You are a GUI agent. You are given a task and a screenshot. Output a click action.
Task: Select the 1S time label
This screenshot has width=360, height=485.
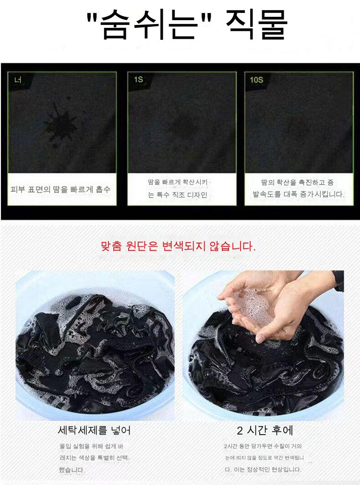click(138, 80)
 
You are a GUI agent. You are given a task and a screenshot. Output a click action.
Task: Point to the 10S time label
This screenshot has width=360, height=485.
click(256, 80)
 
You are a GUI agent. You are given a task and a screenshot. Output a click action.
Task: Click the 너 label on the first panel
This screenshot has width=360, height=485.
click(18, 80)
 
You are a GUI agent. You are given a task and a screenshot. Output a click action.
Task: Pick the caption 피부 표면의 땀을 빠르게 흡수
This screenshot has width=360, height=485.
click(60, 189)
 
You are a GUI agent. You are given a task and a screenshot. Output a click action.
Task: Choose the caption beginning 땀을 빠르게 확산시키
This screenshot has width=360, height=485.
click(178, 188)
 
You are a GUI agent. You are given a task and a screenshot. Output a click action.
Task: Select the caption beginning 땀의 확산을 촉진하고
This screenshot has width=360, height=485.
click(299, 188)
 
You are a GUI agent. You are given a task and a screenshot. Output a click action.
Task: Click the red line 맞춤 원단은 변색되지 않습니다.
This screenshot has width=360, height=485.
click(178, 246)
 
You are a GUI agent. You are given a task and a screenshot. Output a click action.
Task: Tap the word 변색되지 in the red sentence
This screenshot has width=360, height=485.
click(184, 246)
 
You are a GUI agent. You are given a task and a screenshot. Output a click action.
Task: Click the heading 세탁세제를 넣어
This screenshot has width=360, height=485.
click(94, 430)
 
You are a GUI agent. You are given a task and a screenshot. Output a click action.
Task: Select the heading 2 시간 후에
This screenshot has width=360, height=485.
click(265, 430)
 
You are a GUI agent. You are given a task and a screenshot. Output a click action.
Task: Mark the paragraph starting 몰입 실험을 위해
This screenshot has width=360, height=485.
click(94, 458)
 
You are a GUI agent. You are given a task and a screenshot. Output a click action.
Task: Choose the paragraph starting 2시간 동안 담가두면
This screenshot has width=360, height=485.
click(264, 458)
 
